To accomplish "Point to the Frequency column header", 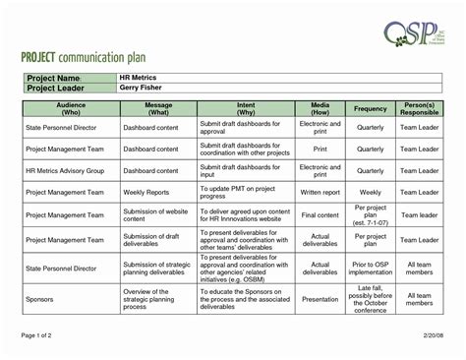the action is (370, 107).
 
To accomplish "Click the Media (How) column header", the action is (320, 107).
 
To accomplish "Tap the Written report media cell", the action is (320, 193).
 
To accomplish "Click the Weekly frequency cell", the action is (370, 193).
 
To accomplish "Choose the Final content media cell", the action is (320, 214).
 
